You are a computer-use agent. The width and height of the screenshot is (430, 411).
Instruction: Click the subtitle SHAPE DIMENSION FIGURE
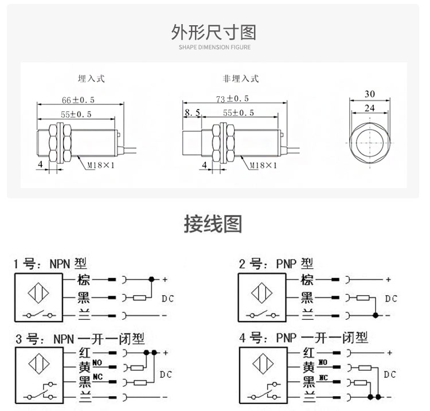pos(214,48)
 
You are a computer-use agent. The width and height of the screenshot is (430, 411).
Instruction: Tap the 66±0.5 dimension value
pos(78,100)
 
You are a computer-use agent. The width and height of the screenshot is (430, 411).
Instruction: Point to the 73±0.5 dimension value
pos(232,99)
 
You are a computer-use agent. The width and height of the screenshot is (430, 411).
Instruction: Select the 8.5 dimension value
pos(192,113)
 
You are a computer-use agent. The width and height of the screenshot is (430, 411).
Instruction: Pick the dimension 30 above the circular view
pos(369,94)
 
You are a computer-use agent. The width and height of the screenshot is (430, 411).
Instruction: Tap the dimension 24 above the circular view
pos(369,107)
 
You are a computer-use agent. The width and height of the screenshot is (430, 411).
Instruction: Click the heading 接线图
pos(213,224)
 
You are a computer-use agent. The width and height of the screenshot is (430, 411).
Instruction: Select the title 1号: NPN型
pos(50,264)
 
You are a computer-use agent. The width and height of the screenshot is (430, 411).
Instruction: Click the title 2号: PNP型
pos(276,264)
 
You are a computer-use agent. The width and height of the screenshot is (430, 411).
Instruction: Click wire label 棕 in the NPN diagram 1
pos(83,280)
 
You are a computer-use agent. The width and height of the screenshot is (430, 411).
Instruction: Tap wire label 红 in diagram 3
pos(83,352)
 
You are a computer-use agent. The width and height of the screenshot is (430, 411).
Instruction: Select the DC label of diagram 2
pos(390,299)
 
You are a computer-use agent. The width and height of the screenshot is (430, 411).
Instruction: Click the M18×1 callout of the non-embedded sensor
pos(263,166)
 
